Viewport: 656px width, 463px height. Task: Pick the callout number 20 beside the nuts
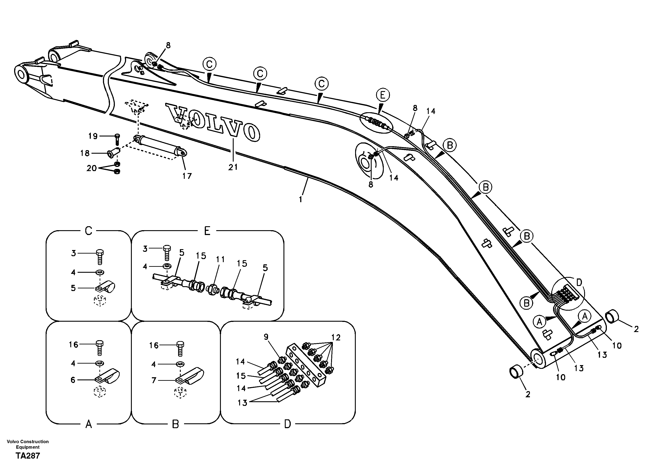tap(91, 169)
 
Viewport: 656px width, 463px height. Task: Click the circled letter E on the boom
tap(383, 95)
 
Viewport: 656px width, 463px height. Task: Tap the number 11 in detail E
tap(220, 260)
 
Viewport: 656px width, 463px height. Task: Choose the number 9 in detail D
tap(266, 337)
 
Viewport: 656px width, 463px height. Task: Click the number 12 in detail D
tap(336, 338)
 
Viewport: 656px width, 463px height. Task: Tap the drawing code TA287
tap(28, 456)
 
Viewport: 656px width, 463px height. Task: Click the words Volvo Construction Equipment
tap(28, 444)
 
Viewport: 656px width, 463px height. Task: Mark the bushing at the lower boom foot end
tap(516, 373)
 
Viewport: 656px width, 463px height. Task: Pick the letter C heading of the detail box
tap(89, 231)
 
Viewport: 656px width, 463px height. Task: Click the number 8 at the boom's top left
tap(168, 45)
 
